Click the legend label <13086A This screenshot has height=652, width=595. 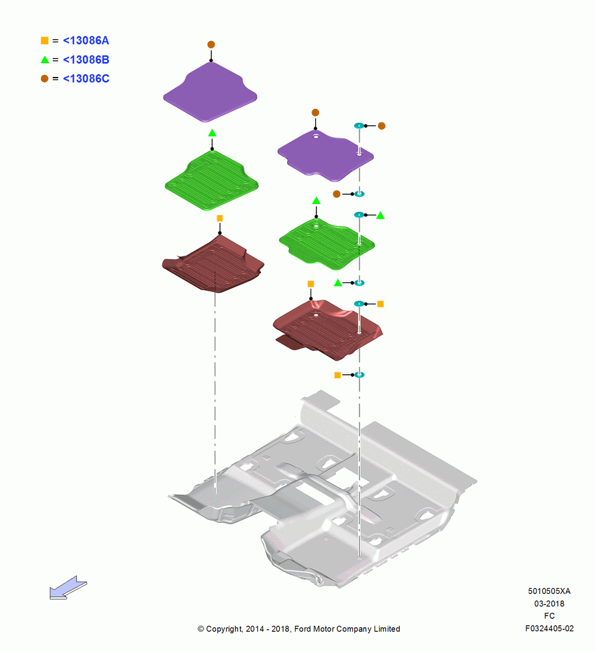[x=85, y=40]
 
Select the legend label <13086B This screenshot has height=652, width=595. [x=85, y=59]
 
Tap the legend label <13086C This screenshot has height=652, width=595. [x=85, y=79]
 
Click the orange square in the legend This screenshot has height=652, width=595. [x=44, y=40]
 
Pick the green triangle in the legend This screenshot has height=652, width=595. [x=44, y=59]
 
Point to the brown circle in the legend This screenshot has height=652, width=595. [x=44, y=79]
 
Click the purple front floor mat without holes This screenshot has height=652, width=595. [x=210, y=93]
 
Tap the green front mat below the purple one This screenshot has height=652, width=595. [x=212, y=181]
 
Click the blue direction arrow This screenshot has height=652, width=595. [x=68, y=587]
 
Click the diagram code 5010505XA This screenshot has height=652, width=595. [x=549, y=591]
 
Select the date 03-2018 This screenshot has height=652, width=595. [x=549, y=603]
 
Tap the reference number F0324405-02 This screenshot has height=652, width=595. [x=549, y=629]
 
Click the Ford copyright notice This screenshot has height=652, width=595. [x=299, y=629]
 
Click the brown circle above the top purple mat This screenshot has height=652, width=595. [x=211, y=44]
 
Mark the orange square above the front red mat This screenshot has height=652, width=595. [x=220, y=218]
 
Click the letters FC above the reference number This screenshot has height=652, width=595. [x=549, y=616]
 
